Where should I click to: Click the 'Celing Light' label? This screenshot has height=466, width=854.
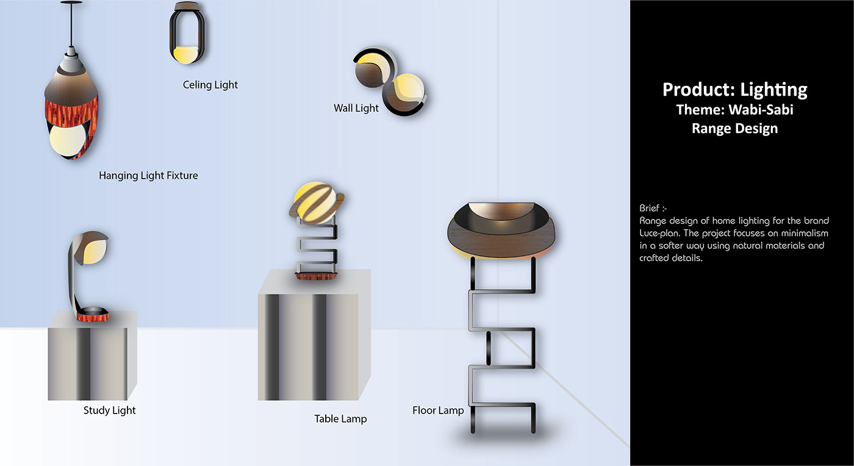point(210,85)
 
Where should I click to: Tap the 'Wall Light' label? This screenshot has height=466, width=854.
point(356,108)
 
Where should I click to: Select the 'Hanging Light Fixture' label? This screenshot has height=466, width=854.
point(148,176)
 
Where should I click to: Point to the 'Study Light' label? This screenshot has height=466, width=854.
point(110,410)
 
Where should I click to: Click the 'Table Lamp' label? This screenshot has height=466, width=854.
point(340,418)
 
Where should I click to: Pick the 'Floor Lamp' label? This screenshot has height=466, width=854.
point(438,410)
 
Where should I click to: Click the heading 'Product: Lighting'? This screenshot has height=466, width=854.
point(734,90)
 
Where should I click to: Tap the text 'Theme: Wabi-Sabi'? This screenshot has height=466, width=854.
point(734,110)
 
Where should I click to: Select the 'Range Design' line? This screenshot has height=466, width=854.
point(734,129)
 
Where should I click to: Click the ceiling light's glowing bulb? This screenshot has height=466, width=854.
point(183,54)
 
